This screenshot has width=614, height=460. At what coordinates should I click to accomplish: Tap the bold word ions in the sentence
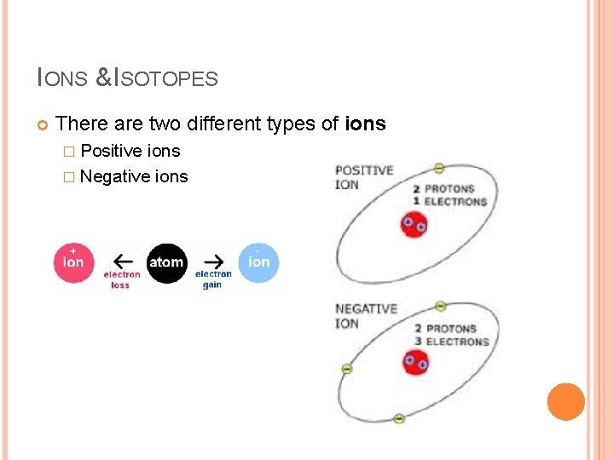coord(365,124)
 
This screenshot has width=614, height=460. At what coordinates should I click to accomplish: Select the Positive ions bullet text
coord(130,152)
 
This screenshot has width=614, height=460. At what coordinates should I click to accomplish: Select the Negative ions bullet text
coord(134,176)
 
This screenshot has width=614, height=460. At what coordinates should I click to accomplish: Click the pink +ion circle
coord(74,262)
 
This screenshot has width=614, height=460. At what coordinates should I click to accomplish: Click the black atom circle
coord(166,262)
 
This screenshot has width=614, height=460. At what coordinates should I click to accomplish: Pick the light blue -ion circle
coord(258,262)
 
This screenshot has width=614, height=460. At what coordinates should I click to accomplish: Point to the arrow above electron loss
coord(123,261)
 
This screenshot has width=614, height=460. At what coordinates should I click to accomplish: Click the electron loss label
coord(121,279)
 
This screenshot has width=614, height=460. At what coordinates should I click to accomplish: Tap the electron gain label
coord(213,279)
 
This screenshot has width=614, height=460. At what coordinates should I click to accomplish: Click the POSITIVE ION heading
coord(363,177)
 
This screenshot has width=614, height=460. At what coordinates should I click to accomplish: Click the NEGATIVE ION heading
coord(366,316)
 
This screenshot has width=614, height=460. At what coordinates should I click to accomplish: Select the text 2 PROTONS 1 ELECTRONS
coord(449,195)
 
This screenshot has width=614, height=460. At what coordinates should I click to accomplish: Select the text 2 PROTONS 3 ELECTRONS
coord(451,335)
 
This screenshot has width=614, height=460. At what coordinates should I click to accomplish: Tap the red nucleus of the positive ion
coord(414,225)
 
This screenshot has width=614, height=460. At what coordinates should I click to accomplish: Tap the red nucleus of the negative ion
coord(415,363)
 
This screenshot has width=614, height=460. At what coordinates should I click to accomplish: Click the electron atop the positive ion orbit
coord(438,168)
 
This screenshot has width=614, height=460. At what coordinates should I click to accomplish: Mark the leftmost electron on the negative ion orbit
coord(346,369)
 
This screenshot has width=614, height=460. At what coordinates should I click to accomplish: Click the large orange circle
coord(565,401)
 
